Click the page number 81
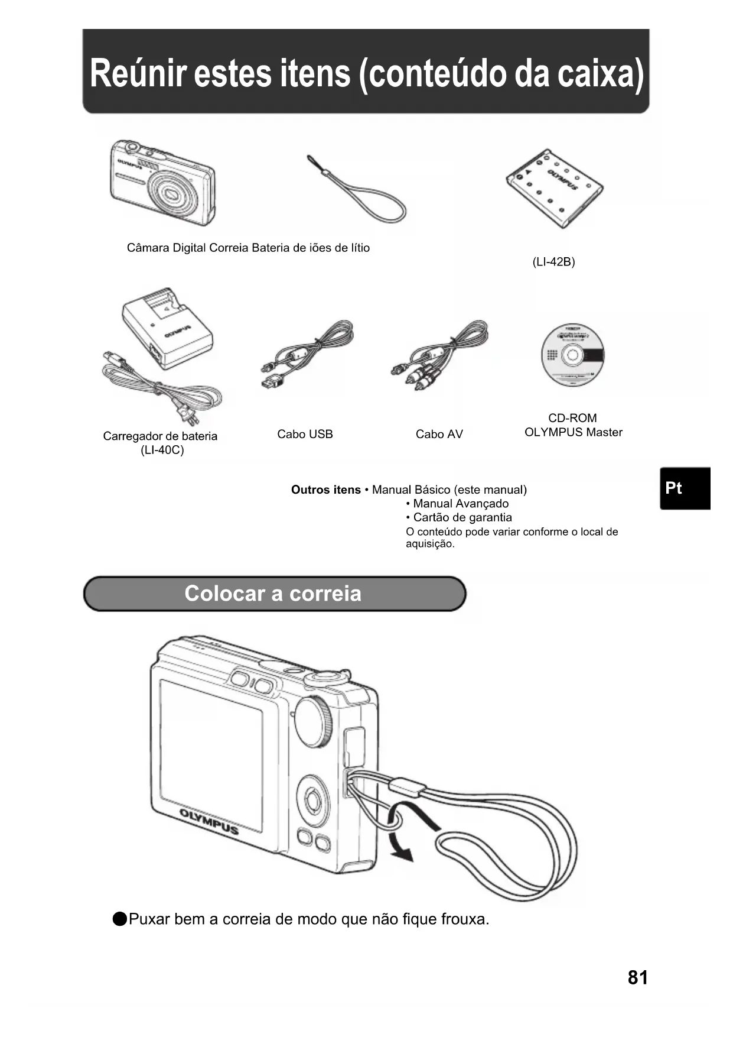coord(637,978)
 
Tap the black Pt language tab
coord(685,488)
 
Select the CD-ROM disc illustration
coord(572,355)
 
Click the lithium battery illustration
coord(555,188)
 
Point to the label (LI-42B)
coord(553,262)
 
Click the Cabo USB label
coord(305,435)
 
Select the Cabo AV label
coord(439,435)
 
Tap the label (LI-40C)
coord(162,451)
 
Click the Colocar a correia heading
coord(273,594)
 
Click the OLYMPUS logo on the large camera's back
coord(209,822)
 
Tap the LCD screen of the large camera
coord(211,754)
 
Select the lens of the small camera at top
coord(172,194)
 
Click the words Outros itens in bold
coord(325,490)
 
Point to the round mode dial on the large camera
coord(312,722)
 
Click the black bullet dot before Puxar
coord(120,919)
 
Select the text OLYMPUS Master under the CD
coord(573,433)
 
